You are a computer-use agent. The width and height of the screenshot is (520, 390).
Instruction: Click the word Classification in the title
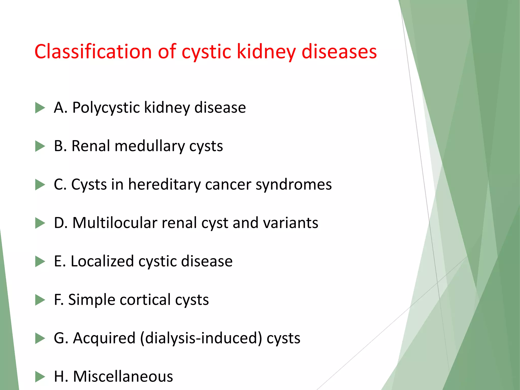[x=93, y=52]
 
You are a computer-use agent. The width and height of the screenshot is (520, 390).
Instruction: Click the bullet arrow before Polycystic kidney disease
[x=40, y=108]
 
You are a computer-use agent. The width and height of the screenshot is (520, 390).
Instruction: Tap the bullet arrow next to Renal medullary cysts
[x=40, y=146]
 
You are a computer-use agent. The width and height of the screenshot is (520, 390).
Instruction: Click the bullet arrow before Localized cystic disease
[x=40, y=262]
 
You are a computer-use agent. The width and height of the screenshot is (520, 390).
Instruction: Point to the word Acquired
[x=104, y=338]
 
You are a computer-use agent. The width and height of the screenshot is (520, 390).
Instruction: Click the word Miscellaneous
[x=123, y=377]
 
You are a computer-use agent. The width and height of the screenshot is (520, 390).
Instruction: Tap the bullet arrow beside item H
[x=40, y=377]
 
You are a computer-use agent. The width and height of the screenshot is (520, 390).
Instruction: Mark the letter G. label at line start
[x=61, y=338]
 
